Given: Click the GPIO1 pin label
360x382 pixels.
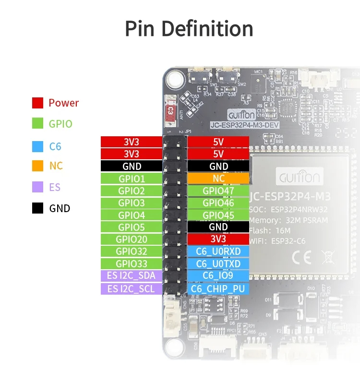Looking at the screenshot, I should click(x=132, y=179).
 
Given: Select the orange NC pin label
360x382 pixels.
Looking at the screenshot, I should click(x=218, y=179).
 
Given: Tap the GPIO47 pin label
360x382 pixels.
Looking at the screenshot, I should click(x=218, y=191).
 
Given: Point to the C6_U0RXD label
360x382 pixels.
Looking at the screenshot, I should click(x=218, y=251).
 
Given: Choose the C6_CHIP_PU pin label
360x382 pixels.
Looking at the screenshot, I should click(x=218, y=289).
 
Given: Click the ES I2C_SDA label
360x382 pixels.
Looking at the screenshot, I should click(x=132, y=275).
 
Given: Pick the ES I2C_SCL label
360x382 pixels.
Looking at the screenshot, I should click(x=132, y=289).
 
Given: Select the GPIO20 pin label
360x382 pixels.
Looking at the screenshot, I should click(x=132, y=239).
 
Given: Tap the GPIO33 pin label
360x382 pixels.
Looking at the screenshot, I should click(x=132, y=264).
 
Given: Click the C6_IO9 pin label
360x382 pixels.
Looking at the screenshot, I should click(x=218, y=275).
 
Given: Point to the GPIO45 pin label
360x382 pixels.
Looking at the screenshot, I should click(x=218, y=215).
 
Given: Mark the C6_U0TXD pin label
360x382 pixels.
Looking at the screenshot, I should click(x=218, y=264).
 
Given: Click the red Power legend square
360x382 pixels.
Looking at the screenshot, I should click(x=38, y=103).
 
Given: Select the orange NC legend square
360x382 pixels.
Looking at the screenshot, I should click(x=38, y=166).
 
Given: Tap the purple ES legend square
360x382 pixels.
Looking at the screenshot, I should click(x=38, y=187).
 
